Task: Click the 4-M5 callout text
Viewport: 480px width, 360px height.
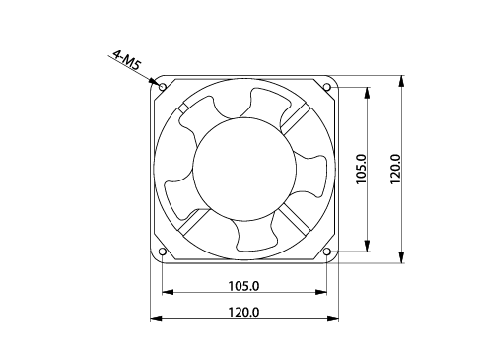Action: [127, 60]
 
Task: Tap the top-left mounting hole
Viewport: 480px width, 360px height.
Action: [163, 87]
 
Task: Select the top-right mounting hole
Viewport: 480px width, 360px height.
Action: [327, 87]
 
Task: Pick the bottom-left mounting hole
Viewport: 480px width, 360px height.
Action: [163, 252]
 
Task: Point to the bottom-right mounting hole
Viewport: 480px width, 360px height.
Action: [327, 252]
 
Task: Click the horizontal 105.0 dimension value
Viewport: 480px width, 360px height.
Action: [243, 286]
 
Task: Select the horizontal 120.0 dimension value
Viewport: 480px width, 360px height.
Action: [243, 312]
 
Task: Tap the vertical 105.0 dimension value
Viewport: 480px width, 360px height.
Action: [361, 169]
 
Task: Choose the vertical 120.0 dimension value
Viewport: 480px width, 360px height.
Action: [395, 169]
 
